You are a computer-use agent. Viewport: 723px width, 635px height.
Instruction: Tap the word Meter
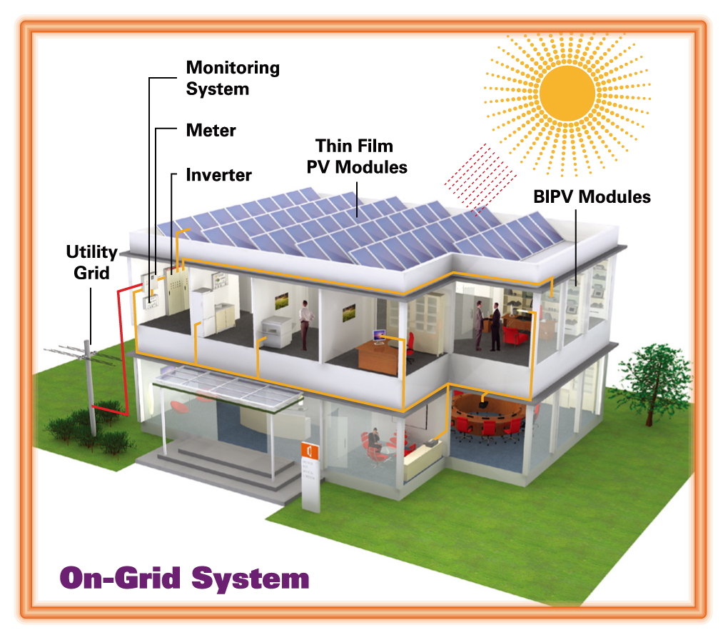pyautogui.click(x=211, y=131)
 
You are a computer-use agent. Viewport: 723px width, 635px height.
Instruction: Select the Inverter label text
pyautogui.click(x=218, y=175)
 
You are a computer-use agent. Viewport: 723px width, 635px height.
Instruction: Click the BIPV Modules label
pyautogui.click(x=592, y=196)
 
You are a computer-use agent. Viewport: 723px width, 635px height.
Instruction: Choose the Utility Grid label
pyautogui.click(x=91, y=262)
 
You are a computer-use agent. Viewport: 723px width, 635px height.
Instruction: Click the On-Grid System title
pyautogui.click(x=184, y=578)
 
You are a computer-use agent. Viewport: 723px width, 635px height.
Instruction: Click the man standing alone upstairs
pyautogui.click(x=305, y=324)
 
